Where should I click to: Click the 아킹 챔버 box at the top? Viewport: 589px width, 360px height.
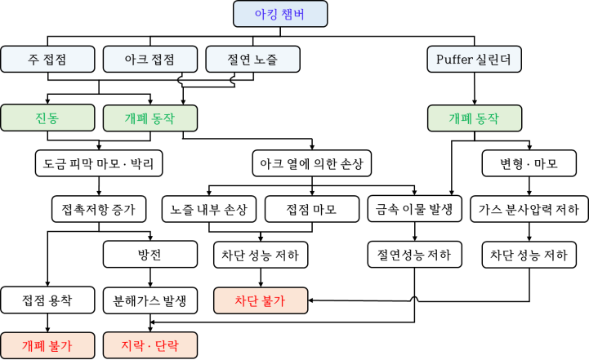click(x=280, y=14)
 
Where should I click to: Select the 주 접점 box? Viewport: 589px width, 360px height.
click(x=47, y=60)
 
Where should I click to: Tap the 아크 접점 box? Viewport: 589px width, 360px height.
click(x=150, y=60)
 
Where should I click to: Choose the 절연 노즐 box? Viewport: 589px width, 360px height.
click(x=252, y=60)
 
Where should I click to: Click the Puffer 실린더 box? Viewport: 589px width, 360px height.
click(x=474, y=60)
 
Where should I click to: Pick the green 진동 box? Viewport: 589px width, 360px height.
click(x=47, y=118)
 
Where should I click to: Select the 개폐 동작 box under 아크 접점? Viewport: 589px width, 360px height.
click(x=150, y=118)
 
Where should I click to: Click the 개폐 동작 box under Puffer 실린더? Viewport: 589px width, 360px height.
click(x=474, y=118)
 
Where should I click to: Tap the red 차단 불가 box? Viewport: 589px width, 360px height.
click(x=261, y=300)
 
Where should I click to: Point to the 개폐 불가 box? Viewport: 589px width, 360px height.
click(x=47, y=345)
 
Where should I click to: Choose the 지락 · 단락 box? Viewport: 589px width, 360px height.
click(x=150, y=345)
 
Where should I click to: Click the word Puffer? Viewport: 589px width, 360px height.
click(x=454, y=60)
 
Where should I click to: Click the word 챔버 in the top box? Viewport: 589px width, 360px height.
click(x=292, y=14)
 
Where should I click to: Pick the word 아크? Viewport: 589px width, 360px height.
click(x=136, y=60)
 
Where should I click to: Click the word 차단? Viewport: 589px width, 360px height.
click(x=247, y=300)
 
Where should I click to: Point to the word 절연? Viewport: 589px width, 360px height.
click(x=238, y=60)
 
